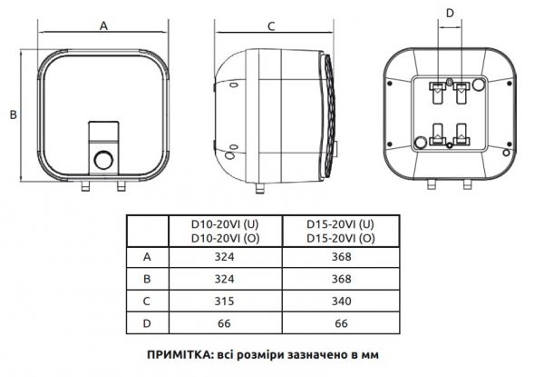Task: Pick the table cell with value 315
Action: [226, 300]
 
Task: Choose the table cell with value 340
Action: [340, 300]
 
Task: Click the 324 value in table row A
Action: [226, 258]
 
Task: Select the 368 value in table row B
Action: [340, 279]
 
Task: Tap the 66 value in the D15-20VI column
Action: [340, 321]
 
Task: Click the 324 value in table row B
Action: [226, 279]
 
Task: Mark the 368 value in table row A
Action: [340, 258]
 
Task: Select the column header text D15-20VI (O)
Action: [340, 237]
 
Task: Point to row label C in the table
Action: [147, 300]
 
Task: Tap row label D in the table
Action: [147, 321]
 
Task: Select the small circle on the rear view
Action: [421, 142]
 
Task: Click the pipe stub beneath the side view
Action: [261, 189]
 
